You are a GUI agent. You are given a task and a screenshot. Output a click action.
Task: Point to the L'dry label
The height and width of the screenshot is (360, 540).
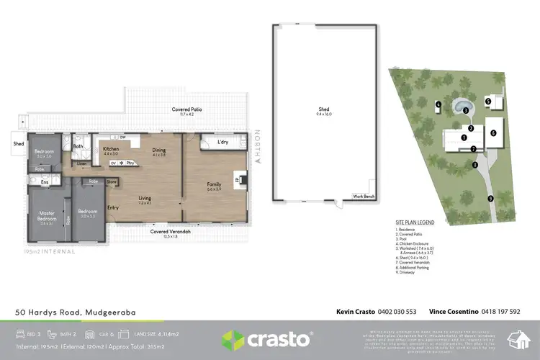(222, 142)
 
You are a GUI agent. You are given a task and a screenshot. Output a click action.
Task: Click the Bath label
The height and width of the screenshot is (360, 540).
(78, 146)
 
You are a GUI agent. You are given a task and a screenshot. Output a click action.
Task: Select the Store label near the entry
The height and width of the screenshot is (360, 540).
(112, 182)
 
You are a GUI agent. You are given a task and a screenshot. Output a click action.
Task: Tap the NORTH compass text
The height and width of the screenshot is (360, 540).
(257, 143)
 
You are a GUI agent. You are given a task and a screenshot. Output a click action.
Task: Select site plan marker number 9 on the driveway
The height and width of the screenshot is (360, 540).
(490, 199)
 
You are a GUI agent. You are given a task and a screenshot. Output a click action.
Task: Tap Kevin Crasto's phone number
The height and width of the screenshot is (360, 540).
(397, 312)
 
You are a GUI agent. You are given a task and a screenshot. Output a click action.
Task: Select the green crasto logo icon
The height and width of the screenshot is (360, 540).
(234, 338)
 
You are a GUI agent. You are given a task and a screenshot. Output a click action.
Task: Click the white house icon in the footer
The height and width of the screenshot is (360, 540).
(517, 338)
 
